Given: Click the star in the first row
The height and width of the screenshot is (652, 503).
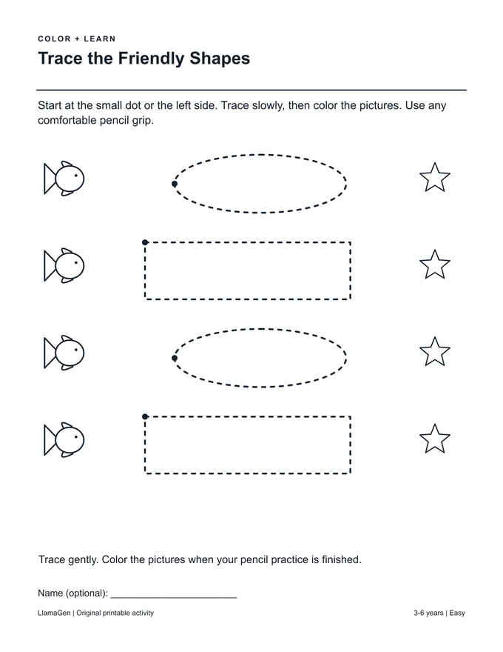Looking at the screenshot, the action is click(434, 178).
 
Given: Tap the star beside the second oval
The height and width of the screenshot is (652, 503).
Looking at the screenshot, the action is click(434, 352).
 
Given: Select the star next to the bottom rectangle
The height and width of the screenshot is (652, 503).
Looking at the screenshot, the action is click(434, 439).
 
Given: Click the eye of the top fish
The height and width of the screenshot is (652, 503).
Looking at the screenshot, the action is click(76, 175).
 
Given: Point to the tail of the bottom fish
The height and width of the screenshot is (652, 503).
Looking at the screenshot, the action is click(50, 440).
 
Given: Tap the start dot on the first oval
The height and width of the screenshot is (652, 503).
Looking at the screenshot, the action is click(175, 184).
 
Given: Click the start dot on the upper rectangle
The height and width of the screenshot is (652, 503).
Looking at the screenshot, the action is click(145, 242).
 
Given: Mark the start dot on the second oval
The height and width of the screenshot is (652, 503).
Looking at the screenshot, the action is click(175, 358).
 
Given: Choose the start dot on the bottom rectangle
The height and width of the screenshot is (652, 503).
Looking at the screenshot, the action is click(145, 416).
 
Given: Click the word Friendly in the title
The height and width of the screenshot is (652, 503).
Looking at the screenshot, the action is click(151, 59).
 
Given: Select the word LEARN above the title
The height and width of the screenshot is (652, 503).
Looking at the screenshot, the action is click(100, 39).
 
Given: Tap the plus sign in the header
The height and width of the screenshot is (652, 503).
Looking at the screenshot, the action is click(77, 39).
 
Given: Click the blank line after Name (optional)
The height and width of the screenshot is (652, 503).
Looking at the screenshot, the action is click(174, 597).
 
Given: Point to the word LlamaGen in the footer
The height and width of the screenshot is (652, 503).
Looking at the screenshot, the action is click(54, 613).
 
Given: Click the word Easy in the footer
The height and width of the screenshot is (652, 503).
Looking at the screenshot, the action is click(457, 613).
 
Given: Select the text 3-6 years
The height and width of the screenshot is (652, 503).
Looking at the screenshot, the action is click(428, 613).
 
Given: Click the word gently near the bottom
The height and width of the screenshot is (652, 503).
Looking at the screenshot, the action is click(83, 559).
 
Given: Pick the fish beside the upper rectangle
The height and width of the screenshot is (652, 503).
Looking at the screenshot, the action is click(64, 266).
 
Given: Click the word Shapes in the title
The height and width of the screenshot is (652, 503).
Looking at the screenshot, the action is click(220, 59).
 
